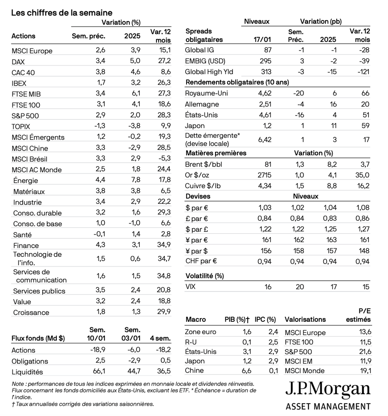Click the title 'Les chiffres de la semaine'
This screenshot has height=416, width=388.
click(x=62, y=13)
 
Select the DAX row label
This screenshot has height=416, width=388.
click(x=18, y=62)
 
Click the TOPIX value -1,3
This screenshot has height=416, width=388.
click(x=98, y=126)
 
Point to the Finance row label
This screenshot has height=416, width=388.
click(x=26, y=245)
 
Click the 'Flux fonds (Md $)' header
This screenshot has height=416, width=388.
click(x=38, y=338)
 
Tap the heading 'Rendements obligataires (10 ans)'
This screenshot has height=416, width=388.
click(x=237, y=83)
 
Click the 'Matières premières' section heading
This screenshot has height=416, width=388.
click(x=216, y=153)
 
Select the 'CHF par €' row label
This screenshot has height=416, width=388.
click(x=201, y=261)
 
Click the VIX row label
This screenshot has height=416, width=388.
click(x=190, y=287)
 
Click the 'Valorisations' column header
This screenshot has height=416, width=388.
click(x=305, y=319)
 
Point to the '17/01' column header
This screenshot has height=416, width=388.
click(x=261, y=40)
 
